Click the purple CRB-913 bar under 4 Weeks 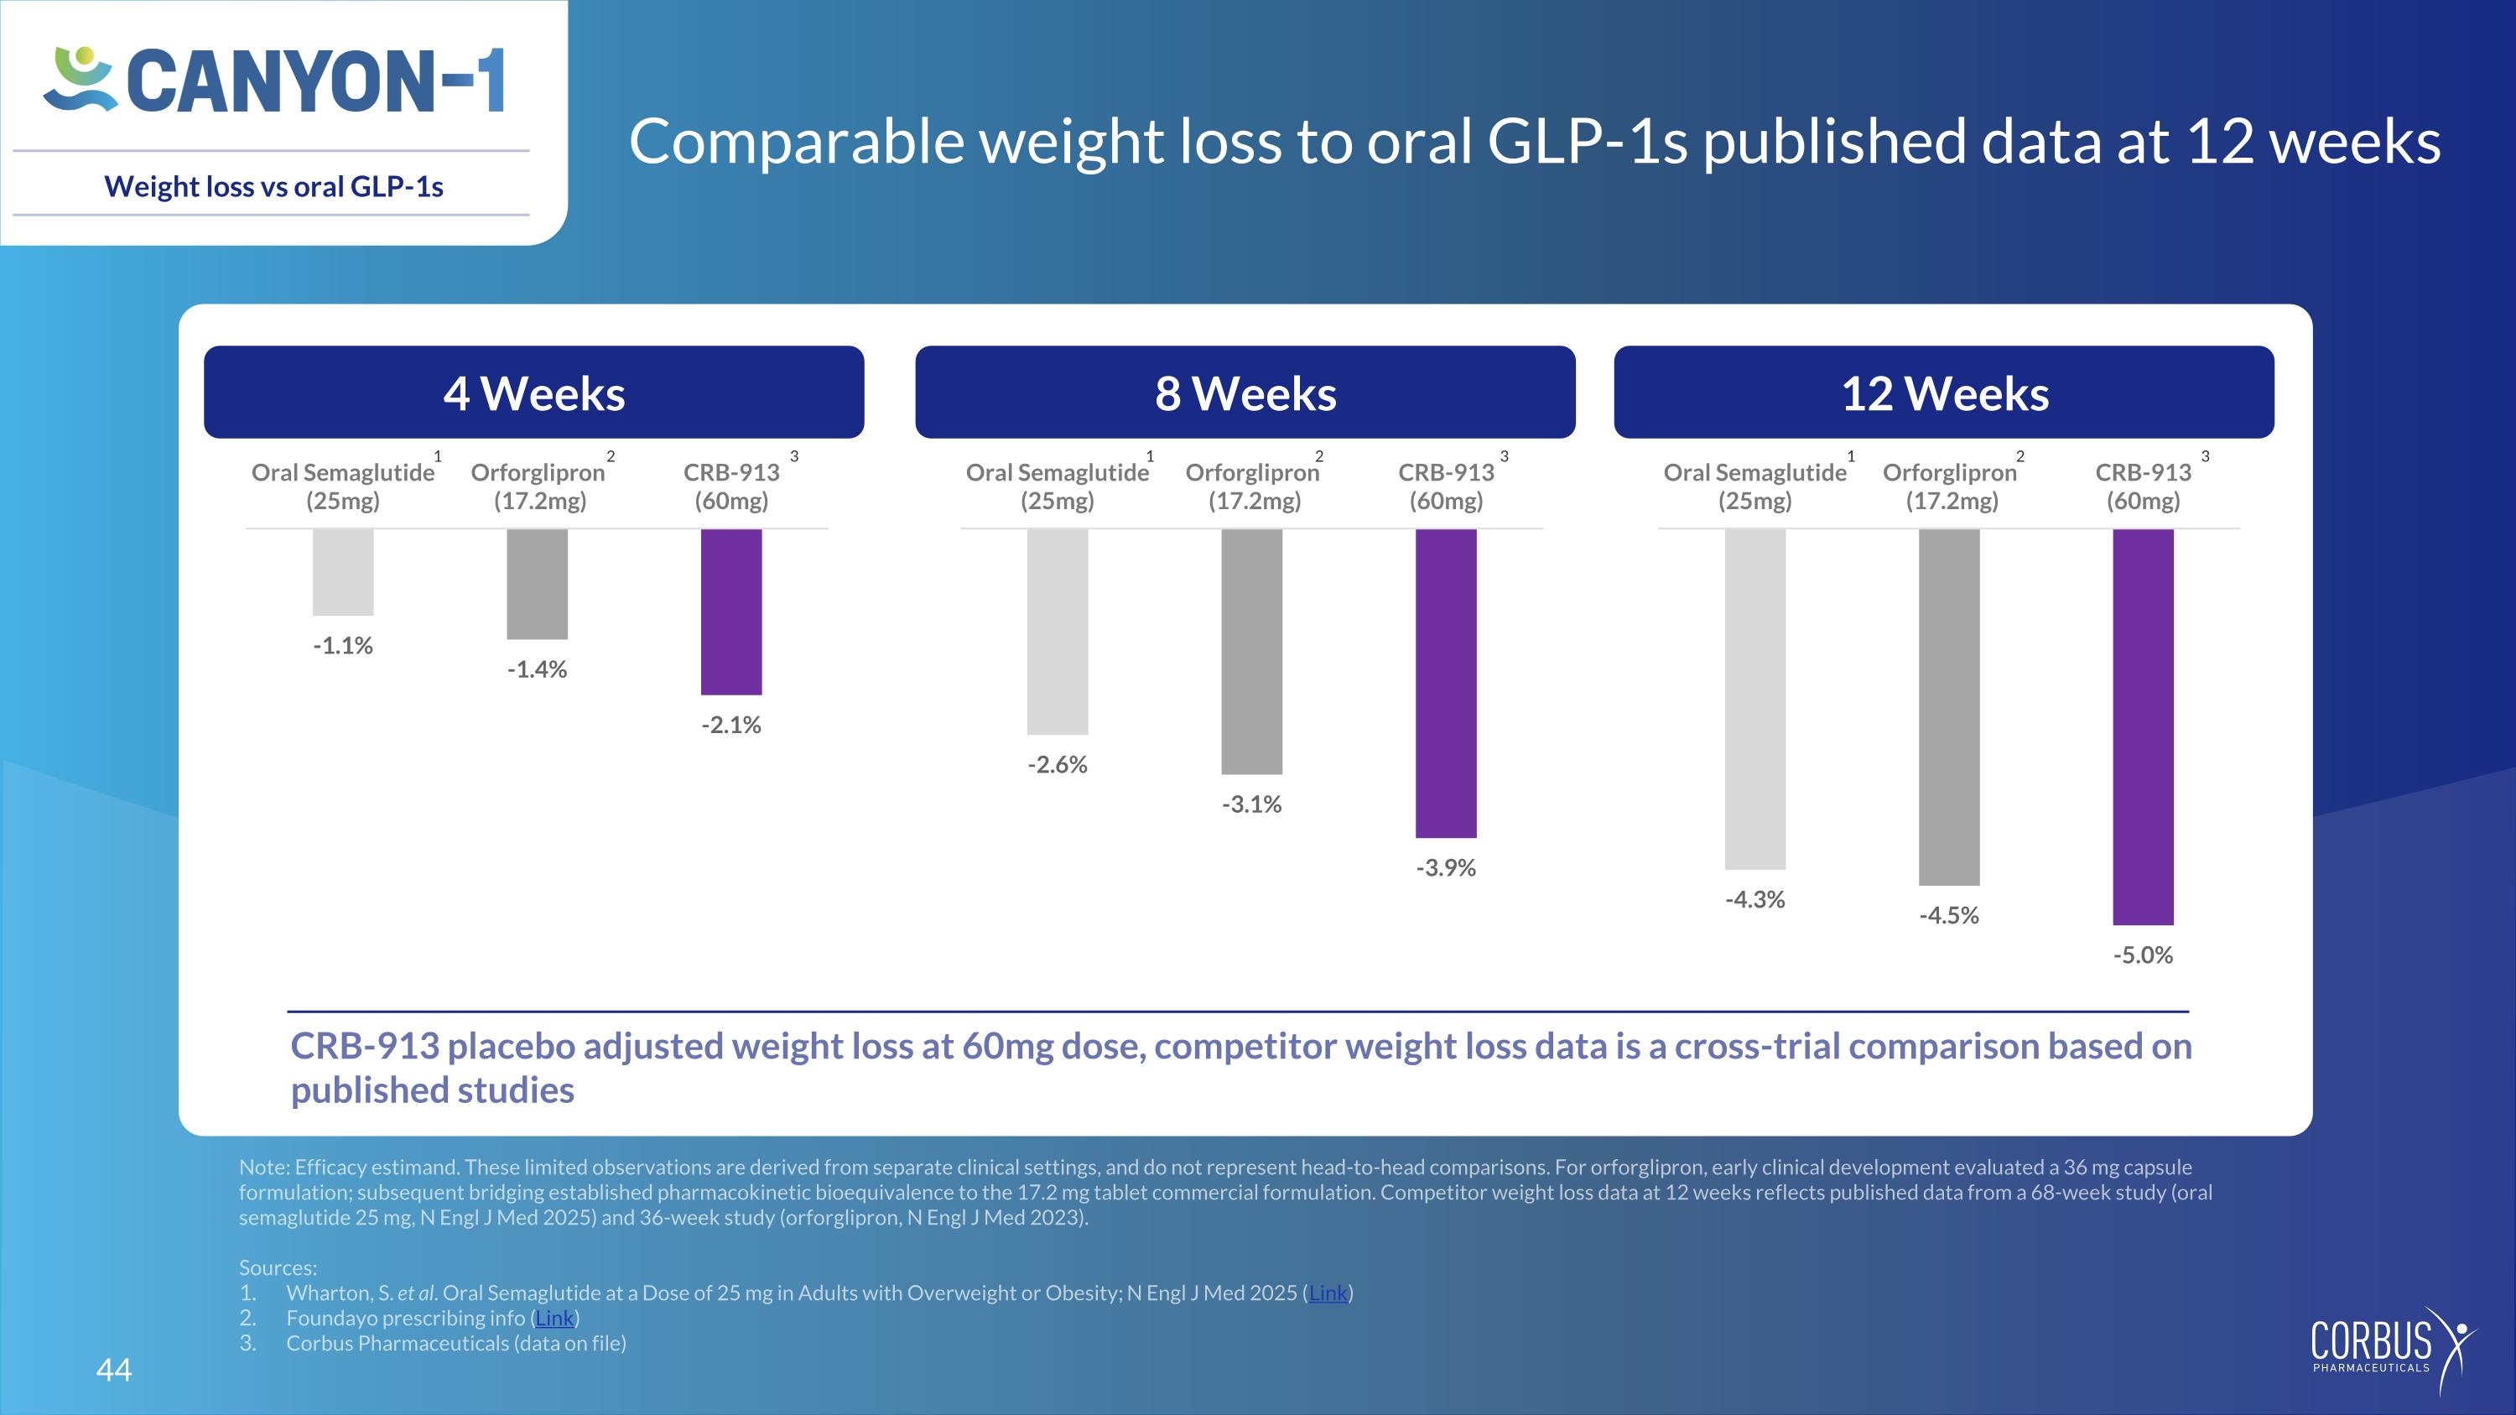pyautogui.click(x=731, y=611)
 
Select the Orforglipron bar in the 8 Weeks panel pyautogui.click(x=1251, y=652)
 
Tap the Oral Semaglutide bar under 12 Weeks pyautogui.click(x=1755, y=700)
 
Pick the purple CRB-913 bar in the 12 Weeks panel pyautogui.click(x=2143, y=726)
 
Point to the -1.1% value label pyautogui.click(x=343, y=646)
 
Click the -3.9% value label pyautogui.click(x=1446, y=868)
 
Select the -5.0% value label pyautogui.click(x=2143, y=955)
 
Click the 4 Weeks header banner pyautogui.click(x=534, y=393)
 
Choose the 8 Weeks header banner pyautogui.click(x=1245, y=393)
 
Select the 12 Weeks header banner pyautogui.click(x=1944, y=393)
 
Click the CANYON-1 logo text pyautogui.click(x=315, y=81)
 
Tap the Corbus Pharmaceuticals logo pyautogui.click(x=2392, y=1351)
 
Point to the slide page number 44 pyautogui.click(x=114, y=1369)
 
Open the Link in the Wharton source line pyautogui.click(x=1328, y=1293)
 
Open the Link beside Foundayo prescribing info pyautogui.click(x=554, y=1319)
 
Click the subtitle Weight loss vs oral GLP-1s pyautogui.click(x=273, y=186)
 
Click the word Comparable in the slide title pyautogui.click(x=797, y=143)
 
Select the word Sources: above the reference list pyautogui.click(x=278, y=1267)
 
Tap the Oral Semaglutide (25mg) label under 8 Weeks pyautogui.click(x=1058, y=486)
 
